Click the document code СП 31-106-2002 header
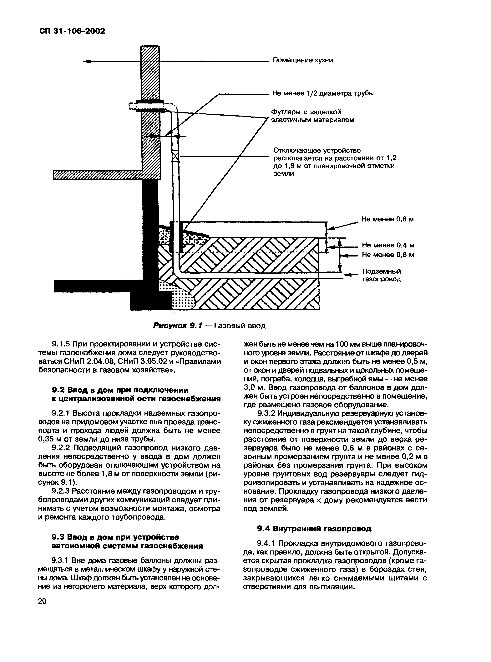coord(72,31)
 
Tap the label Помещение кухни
coord(303,60)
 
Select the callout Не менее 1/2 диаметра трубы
coord(323,93)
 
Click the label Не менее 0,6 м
coord(387,219)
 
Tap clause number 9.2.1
coord(61,413)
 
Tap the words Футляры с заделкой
coord(306,112)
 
